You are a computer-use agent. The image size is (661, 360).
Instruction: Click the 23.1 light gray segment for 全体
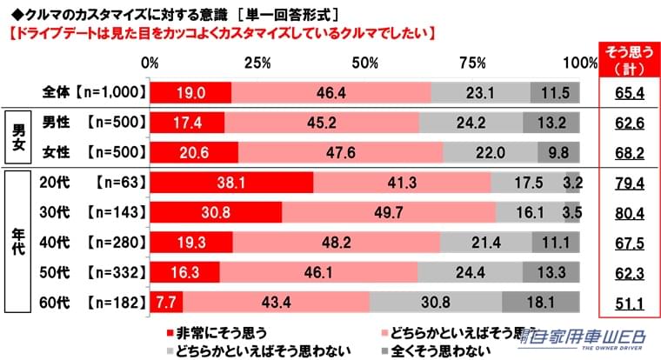(480, 92)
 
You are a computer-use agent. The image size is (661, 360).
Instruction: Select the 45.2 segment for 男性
(322, 123)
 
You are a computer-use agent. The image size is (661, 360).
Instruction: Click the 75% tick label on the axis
(471, 63)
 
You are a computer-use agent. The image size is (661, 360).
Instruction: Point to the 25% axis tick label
(257, 63)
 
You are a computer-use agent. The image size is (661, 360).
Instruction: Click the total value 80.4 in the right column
(623, 212)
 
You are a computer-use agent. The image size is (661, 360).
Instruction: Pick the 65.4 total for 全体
(623, 92)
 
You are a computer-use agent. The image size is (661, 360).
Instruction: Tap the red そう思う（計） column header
(623, 61)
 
